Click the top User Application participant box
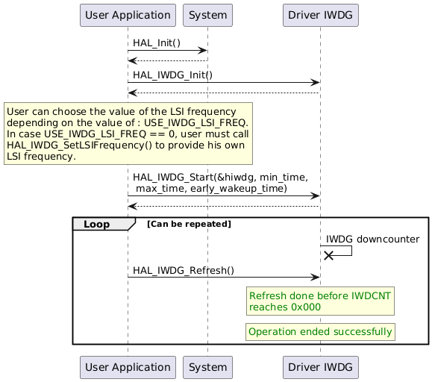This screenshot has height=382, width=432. coord(128,15)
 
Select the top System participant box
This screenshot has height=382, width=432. coord(207,15)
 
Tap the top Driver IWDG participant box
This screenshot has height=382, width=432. coord(320,15)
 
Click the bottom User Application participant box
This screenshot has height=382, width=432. coord(128,367)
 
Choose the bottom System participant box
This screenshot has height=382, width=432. coord(207,367)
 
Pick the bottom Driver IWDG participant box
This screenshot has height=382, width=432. coord(320,367)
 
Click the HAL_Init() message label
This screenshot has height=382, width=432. coord(157,43)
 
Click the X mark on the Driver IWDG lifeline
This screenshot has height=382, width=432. coord(328,255)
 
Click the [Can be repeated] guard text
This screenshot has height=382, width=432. coord(190,224)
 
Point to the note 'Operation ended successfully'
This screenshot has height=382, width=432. coord(320,331)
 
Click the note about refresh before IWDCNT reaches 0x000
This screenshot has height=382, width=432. coord(320,301)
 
